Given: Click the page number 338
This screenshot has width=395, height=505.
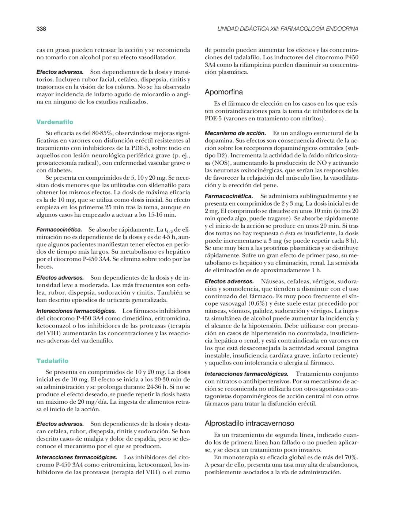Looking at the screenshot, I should pyautogui.click(x=41, y=29).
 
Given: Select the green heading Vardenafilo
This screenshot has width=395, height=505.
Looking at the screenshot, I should pyautogui.click(x=54, y=122).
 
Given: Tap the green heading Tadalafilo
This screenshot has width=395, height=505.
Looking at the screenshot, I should pyautogui.click(x=52, y=361).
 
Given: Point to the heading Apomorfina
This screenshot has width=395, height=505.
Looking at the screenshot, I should pyautogui.click(x=223, y=92).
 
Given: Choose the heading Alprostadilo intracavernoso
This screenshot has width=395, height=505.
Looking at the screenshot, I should pyautogui.click(x=249, y=423).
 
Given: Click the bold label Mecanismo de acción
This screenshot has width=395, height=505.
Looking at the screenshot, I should pyautogui.click(x=235, y=133).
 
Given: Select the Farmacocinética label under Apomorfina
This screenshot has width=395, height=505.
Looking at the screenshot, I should pyautogui.click(x=229, y=197).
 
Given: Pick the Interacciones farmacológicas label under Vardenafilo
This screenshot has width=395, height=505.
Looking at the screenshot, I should pyautogui.click(x=76, y=311).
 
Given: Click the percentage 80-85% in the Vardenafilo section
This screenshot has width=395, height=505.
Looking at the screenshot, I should pyautogui.click(x=103, y=133).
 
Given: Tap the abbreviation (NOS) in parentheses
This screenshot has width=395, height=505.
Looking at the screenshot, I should pyautogui.click(x=221, y=163).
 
